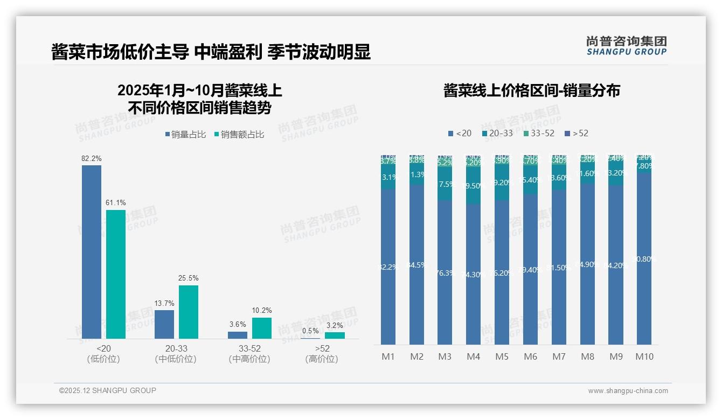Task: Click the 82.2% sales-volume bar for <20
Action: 92,252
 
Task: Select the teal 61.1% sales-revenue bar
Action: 116,274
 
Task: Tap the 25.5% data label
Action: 189,278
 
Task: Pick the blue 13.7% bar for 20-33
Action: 164,324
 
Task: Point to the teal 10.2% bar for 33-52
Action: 262,328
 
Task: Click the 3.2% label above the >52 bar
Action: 335,325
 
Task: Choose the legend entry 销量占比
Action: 185,135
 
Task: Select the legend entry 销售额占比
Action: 239,135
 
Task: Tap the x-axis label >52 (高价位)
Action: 322,354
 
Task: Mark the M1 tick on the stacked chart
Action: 388,356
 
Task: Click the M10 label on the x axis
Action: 644,356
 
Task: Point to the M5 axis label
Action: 502,356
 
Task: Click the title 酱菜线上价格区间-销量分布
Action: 532,90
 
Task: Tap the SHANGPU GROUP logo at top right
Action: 626,46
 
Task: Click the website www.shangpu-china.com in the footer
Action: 628,391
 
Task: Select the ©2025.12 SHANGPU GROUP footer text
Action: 108,390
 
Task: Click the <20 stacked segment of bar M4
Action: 473,274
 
